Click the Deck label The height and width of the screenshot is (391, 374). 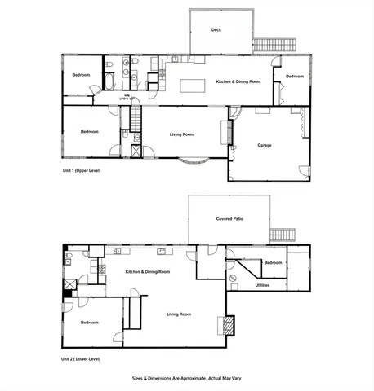[x=216, y=30]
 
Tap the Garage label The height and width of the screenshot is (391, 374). [x=264, y=146]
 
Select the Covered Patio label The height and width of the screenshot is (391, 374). [x=229, y=219]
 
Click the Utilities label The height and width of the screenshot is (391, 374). [x=262, y=285]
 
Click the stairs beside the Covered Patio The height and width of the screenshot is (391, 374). [x=283, y=233]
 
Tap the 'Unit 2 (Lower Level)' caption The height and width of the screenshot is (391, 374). [x=81, y=359]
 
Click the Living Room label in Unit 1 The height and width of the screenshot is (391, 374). [x=181, y=134]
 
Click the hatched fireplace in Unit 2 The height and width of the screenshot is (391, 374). [x=229, y=326]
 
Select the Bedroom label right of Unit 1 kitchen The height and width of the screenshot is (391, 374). [x=294, y=77]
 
